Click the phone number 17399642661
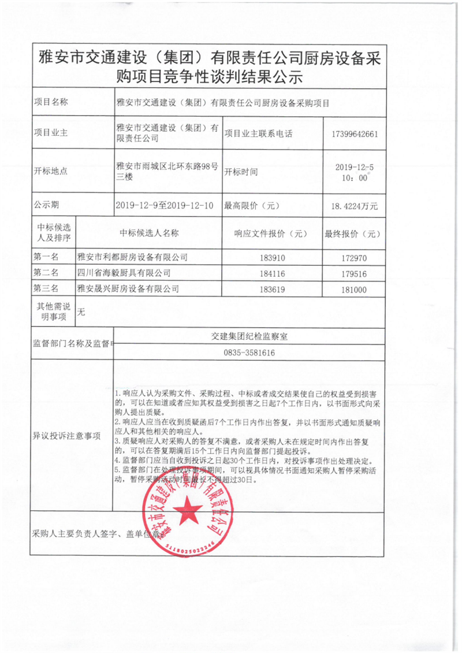pyautogui.click(x=355, y=133)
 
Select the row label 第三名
pyautogui.click(x=46, y=288)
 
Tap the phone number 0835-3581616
pyautogui.click(x=248, y=353)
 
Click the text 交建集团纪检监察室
pyautogui.click(x=248, y=336)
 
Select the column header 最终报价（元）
pyautogui.click(x=352, y=234)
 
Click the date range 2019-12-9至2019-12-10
pyautogui.click(x=165, y=205)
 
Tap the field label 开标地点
pyautogui.click(x=51, y=171)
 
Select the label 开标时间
pyautogui.click(x=241, y=172)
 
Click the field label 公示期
pyautogui.click(x=46, y=205)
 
